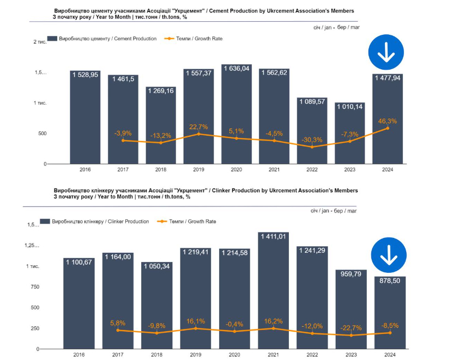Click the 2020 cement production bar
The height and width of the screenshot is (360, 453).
(x=237, y=114)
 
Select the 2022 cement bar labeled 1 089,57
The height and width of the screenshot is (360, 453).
(x=312, y=131)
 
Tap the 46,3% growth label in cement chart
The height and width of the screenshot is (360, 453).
(x=388, y=121)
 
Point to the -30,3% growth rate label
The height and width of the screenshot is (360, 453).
(x=312, y=140)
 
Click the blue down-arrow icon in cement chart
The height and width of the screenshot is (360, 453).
(x=386, y=52)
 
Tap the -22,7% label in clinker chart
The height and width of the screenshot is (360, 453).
(x=351, y=327)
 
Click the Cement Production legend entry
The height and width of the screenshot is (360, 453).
(x=101, y=39)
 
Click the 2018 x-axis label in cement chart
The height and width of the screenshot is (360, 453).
(x=160, y=170)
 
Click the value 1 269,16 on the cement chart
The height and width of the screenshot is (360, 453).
(x=160, y=90)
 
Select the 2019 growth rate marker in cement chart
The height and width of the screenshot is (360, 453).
(x=198, y=134)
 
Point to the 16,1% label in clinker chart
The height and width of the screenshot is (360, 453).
(x=196, y=321)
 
